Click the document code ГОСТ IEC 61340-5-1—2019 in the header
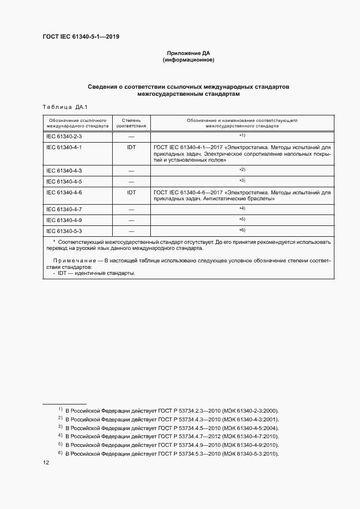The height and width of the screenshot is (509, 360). (81, 37)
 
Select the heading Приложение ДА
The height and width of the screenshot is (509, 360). (188, 53)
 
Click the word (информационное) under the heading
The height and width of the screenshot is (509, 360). (188, 60)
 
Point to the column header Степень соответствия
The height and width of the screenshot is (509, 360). (131, 122)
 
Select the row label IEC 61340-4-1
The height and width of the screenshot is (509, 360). (64, 147)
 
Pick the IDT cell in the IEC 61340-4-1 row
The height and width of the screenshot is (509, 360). (131, 147)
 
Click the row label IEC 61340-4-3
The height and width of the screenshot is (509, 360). (64, 171)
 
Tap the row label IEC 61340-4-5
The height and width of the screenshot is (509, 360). (64, 181)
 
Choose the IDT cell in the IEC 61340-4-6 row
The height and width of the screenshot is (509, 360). (131, 193)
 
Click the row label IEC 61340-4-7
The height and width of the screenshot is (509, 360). (64, 209)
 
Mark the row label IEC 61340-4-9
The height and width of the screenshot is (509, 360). (64, 220)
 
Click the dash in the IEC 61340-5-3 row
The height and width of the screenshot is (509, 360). (131, 231)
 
